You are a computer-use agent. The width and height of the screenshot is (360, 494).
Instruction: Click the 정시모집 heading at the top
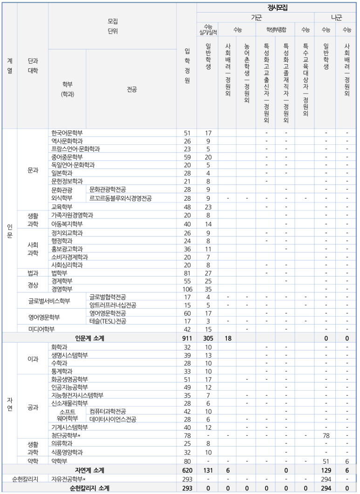coord(278,7)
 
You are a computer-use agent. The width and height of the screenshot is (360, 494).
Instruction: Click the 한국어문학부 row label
coord(67,133)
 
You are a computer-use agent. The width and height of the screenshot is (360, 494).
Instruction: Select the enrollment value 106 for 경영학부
coord(187,289)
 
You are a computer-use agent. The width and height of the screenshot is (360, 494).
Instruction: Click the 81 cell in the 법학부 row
coord(187,273)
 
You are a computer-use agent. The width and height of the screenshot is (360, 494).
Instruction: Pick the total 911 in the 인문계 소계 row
coord(187,338)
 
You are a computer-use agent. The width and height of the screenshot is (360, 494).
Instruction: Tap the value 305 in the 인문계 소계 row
coord(208,338)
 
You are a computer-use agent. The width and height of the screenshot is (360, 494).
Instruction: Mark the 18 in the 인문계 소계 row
coord(228,338)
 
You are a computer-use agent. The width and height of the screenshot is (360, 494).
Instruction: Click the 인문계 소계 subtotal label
coord(90,338)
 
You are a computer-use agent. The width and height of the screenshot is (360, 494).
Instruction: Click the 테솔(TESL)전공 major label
coord(108,321)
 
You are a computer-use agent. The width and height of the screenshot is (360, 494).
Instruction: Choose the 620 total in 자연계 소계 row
coord(187,471)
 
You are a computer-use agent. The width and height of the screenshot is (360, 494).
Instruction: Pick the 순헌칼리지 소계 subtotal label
coord(90,488)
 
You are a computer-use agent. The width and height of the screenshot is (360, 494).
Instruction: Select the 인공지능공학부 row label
coord(69,387)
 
